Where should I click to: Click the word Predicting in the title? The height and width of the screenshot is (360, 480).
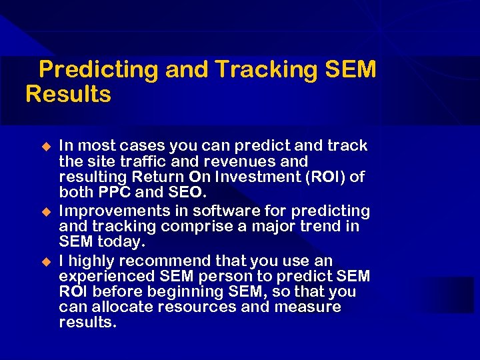click(98, 70)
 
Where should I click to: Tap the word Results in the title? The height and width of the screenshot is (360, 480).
click(68, 95)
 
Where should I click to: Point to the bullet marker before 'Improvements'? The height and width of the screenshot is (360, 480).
click(46, 211)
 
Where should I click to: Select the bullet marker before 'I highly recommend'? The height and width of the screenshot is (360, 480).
click(46, 261)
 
